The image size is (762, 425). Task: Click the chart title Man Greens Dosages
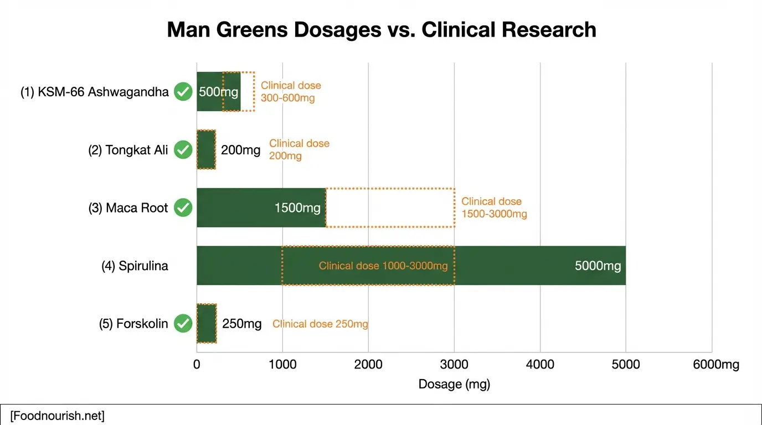click(382, 30)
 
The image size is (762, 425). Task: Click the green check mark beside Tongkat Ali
click(183, 150)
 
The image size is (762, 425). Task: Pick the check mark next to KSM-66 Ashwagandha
click(183, 92)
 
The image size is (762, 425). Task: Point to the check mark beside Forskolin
click(183, 324)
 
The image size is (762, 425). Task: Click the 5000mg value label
click(598, 266)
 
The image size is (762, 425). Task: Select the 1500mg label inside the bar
click(297, 208)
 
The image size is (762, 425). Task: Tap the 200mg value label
click(240, 150)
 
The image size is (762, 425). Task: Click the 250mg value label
click(241, 324)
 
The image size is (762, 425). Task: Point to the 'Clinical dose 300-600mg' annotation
click(291, 92)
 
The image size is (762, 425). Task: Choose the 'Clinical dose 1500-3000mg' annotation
click(494, 208)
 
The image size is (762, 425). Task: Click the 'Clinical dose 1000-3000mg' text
click(383, 266)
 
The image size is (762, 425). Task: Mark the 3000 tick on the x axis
click(454, 365)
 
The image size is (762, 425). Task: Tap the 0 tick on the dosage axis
click(197, 365)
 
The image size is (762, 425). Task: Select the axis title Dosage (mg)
click(454, 384)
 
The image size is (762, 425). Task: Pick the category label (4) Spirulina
click(135, 266)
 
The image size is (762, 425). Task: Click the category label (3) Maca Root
click(128, 208)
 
